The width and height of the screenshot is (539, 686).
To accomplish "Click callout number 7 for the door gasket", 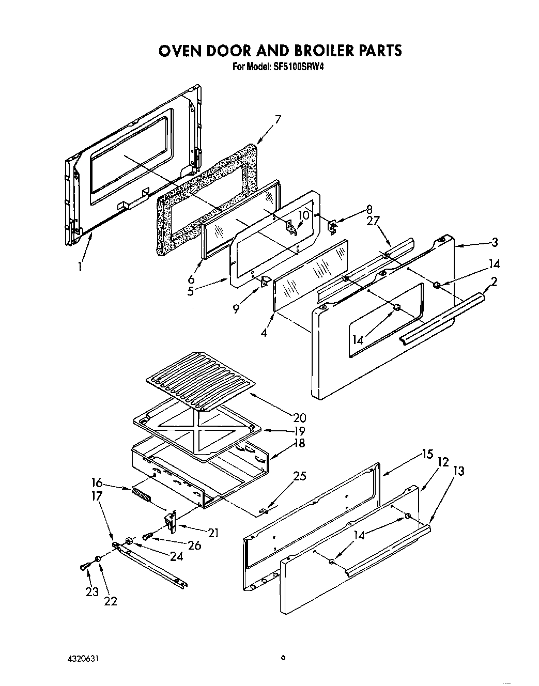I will [278, 120].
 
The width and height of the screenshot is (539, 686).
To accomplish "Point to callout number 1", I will [80, 267].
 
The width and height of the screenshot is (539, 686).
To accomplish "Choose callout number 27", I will [373, 221].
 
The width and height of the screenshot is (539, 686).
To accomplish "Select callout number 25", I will [299, 476].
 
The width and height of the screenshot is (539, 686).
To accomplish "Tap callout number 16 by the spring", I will [97, 483].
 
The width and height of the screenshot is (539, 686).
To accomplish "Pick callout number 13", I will [458, 471].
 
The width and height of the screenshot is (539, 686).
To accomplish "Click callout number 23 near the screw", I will [92, 592].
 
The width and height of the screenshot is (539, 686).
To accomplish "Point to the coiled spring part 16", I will [141, 496].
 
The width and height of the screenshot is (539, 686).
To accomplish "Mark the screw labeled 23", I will [84, 567].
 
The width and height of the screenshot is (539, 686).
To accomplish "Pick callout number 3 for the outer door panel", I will [495, 241].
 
